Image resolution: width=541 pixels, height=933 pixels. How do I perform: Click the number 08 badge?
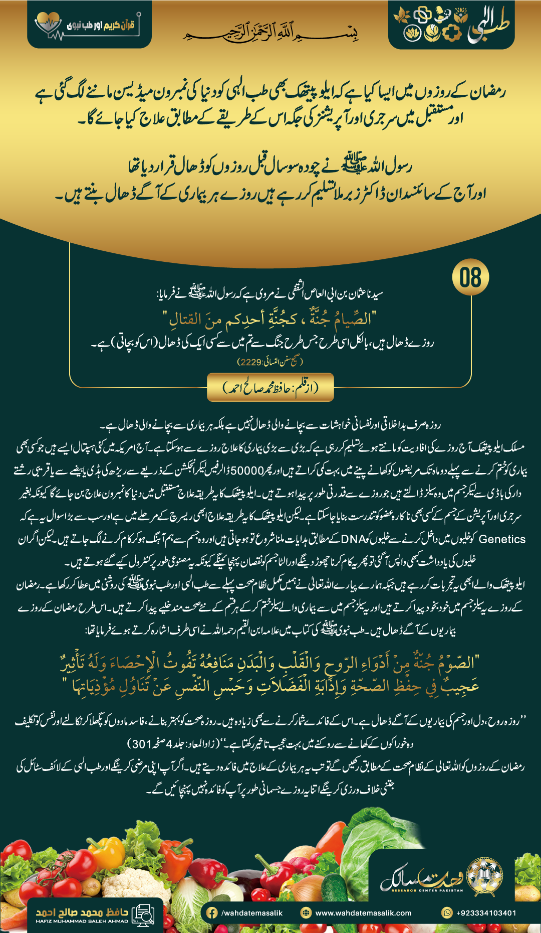click(x=470, y=277)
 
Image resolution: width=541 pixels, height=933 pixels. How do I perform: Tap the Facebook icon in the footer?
click(x=212, y=913)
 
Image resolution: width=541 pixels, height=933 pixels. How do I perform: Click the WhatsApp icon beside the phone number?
click(x=447, y=913)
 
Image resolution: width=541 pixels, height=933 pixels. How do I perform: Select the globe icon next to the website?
click(x=306, y=913)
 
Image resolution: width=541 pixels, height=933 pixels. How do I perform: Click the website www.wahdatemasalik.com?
click(x=363, y=913)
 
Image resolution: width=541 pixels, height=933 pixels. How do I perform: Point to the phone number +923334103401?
click(x=486, y=913)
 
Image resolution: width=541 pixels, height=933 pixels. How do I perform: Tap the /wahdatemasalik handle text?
click(x=252, y=913)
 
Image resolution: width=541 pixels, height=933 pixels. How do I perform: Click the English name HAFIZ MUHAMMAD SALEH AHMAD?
click(x=82, y=921)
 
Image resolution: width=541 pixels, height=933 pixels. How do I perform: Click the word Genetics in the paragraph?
click(x=502, y=539)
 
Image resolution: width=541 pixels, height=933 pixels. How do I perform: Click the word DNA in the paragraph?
click(x=353, y=539)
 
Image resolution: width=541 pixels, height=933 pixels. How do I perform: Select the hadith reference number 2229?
click(x=250, y=362)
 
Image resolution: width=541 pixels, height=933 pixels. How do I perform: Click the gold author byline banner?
click(x=270, y=387)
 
